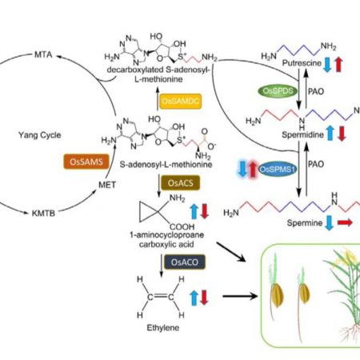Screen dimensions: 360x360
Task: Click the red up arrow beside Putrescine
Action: pyautogui.click(x=342, y=67)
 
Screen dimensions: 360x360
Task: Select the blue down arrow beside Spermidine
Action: pyautogui.click(x=328, y=128)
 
